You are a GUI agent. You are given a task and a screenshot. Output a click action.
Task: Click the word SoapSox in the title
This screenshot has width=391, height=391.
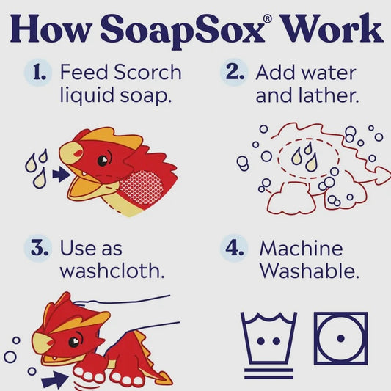(183, 31)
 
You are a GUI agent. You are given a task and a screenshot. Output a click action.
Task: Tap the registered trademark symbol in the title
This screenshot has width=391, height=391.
(268, 19)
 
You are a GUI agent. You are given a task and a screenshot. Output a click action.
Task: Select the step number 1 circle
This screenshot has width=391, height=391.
(38, 73)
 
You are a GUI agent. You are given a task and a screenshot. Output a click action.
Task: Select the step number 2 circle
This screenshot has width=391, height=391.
(234, 73)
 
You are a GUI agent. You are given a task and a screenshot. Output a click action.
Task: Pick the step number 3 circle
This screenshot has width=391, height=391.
(38, 248)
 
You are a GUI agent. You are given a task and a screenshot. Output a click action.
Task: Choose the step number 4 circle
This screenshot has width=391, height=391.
(234, 248)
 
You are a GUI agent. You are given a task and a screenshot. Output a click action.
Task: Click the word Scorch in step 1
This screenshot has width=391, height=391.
(147, 72)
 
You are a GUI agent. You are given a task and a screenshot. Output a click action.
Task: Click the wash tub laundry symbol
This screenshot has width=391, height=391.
(268, 338)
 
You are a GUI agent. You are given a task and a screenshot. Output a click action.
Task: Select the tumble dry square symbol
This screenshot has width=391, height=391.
(340, 338)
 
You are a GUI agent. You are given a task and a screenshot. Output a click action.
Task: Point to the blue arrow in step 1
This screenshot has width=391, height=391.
(61, 175)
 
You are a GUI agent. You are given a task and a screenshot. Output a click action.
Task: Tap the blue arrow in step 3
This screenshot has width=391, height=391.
(54, 379)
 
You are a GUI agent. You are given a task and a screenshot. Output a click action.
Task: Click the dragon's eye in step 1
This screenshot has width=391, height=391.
(103, 160)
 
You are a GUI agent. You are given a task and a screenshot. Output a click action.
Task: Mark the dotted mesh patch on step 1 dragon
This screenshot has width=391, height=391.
(141, 187)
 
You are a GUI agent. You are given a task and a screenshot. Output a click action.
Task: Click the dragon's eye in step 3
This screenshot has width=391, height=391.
(74, 342)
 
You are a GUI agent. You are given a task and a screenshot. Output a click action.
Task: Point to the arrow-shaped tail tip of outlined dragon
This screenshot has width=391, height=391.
(382, 175)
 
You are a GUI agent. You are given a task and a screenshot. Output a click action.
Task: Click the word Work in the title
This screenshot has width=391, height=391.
(331, 29)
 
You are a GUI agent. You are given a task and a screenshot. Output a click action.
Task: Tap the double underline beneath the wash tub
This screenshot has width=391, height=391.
(268, 373)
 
